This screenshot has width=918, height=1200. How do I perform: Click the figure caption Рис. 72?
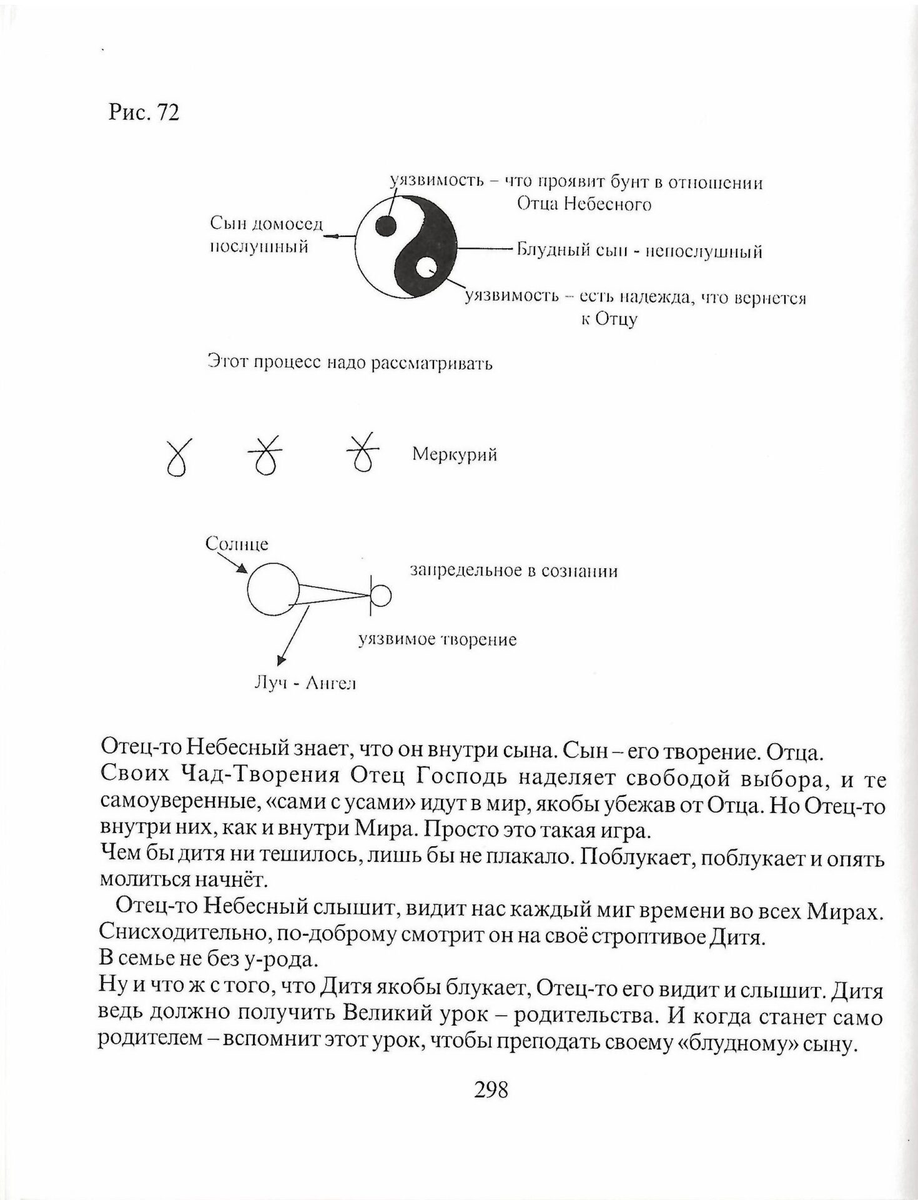pos(144,112)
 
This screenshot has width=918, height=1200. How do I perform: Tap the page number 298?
pos(491,1089)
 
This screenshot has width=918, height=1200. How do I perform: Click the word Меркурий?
pos(454,455)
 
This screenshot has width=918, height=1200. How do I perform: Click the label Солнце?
pos(237,544)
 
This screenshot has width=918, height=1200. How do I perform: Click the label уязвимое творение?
pos(437,641)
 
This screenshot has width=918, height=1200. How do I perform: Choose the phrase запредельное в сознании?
pos(513,571)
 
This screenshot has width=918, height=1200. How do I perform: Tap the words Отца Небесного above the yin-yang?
pos(584,204)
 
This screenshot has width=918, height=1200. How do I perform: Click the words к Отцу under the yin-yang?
pos(610,319)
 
